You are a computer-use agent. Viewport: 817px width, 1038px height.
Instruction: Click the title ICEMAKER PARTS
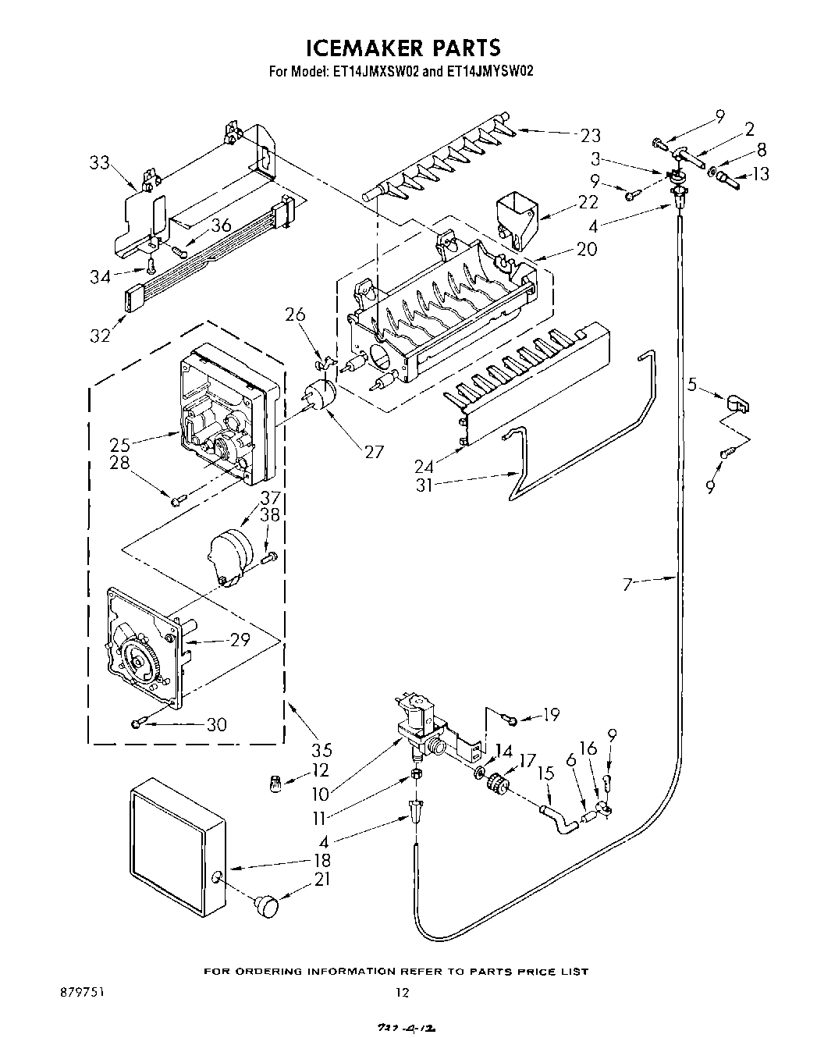pyautogui.click(x=402, y=48)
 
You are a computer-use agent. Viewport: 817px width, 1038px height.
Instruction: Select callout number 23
pyautogui.click(x=590, y=135)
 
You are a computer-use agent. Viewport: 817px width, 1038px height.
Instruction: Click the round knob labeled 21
pyautogui.click(x=267, y=906)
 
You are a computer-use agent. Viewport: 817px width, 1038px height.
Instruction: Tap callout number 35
pyautogui.click(x=321, y=750)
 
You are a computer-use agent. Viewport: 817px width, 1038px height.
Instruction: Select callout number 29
pyautogui.click(x=239, y=640)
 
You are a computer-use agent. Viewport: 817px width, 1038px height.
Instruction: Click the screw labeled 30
pyautogui.click(x=137, y=724)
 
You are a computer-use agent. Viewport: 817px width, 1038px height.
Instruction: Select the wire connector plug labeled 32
pyautogui.click(x=132, y=297)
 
